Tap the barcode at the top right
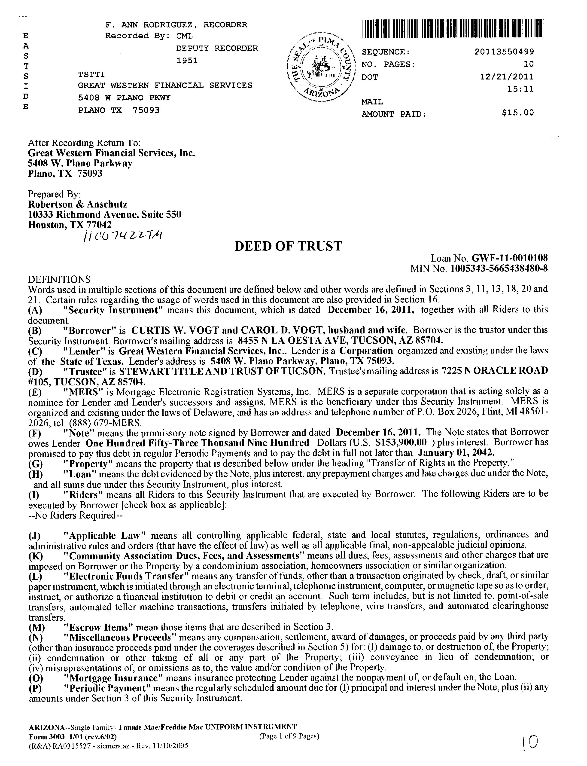click(x=453, y=28)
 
